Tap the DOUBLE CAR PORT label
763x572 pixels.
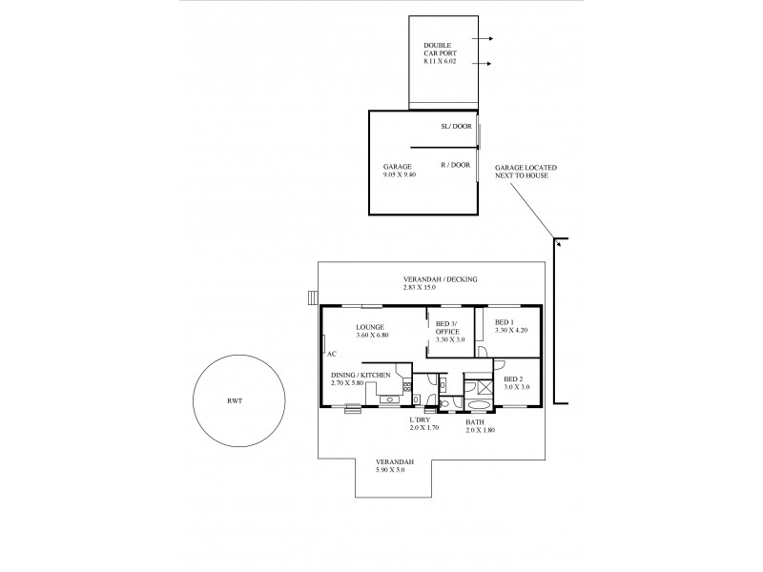point(440,50)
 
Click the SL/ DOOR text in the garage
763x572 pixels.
point(455,126)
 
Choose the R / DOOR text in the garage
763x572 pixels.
point(455,164)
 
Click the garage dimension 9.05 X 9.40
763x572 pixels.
point(401,175)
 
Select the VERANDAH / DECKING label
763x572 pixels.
point(440,279)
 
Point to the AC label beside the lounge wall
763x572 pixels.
point(332,354)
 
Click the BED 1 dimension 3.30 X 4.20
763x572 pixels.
point(511,331)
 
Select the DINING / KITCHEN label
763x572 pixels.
point(361,376)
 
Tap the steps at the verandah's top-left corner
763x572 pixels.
point(312,297)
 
